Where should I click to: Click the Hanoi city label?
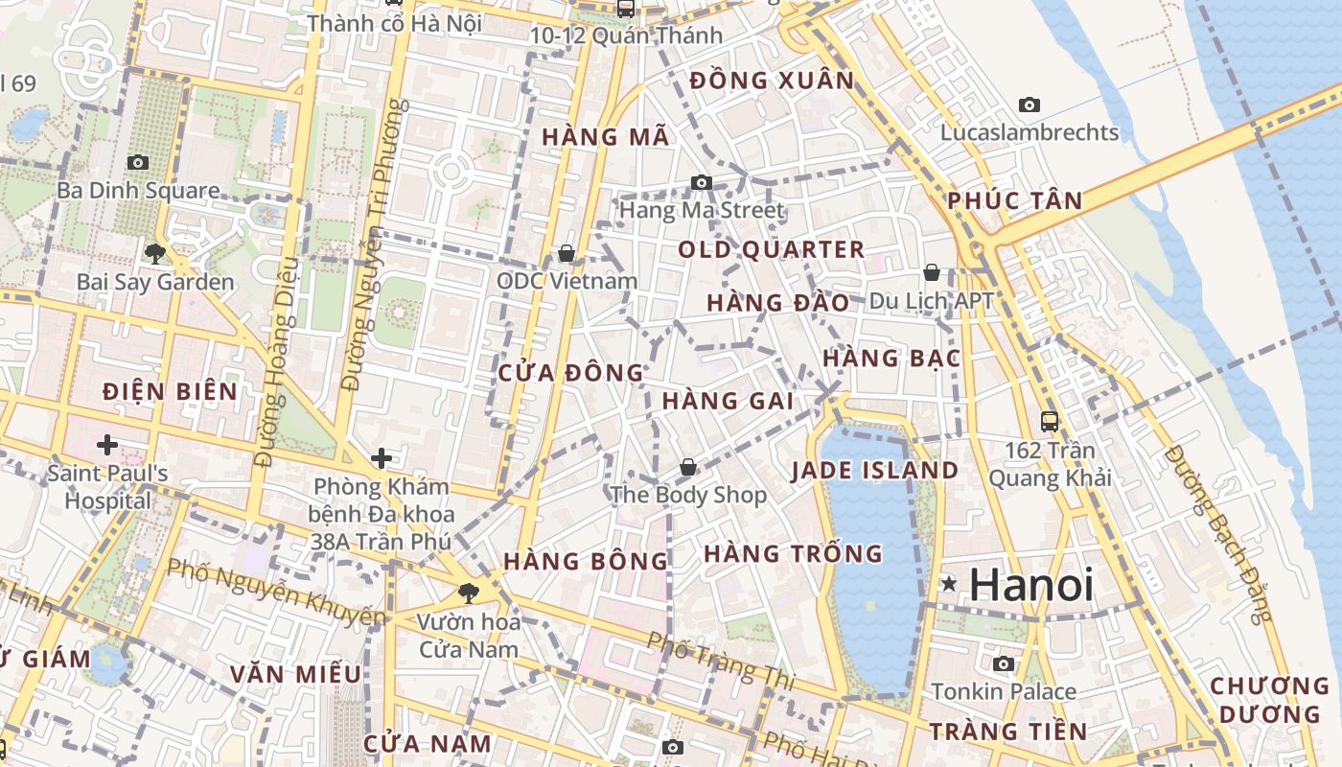(x=1031, y=585)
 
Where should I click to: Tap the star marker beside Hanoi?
(x=949, y=583)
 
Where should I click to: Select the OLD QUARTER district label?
(x=772, y=250)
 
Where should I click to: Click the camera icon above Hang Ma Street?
(x=702, y=182)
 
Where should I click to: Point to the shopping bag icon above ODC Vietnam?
(x=567, y=253)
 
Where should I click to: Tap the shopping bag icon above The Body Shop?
(x=687, y=467)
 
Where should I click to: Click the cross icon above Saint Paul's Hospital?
(x=107, y=445)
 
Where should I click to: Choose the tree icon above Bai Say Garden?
(x=154, y=253)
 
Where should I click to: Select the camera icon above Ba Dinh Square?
(x=138, y=162)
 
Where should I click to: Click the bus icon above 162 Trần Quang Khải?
(x=1050, y=421)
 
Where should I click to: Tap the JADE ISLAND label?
(x=874, y=471)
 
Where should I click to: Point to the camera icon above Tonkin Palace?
(x=1004, y=663)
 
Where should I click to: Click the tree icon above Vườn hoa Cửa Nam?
(x=468, y=593)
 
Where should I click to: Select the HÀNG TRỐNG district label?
(x=793, y=553)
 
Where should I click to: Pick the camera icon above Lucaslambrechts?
(x=1030, y=105)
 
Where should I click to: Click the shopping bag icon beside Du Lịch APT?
(x=931, y=272)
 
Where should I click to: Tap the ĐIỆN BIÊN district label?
(x=170, y=391)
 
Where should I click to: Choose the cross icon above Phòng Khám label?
(x=382, y=458)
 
